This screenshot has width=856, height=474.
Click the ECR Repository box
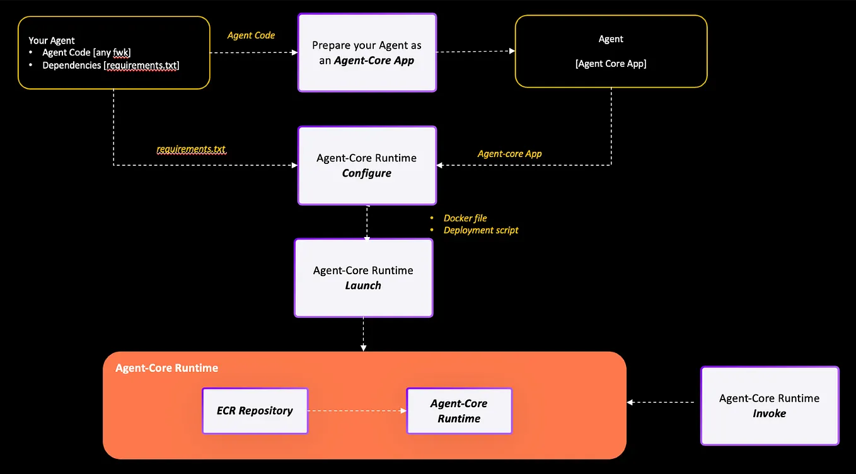(x=255, y=411)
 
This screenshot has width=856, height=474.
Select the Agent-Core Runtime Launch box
(x=363, y=278)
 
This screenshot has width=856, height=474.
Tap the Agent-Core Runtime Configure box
(x=367, y=166)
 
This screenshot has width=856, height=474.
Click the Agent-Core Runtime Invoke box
(x=769, y=406)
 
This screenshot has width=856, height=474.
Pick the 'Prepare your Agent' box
(x=367, y=53)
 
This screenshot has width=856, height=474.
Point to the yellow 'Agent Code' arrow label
(x=251, y=35)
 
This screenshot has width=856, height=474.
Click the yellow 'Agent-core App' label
(x=509, y=153)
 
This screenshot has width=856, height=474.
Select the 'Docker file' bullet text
(x=465, y=218)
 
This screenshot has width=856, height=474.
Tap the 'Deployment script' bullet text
(x=480, y=230)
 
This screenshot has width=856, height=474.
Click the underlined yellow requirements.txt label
(x=191, y=149)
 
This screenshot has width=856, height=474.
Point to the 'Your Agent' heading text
(x=52, y=40)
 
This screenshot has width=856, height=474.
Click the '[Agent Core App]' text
(x=611, y=64)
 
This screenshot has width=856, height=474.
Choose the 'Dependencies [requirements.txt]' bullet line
(x=110, y=66)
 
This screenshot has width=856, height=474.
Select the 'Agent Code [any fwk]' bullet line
(x=86, y=53)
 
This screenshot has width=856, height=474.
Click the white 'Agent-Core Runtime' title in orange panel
(x=166, y=368)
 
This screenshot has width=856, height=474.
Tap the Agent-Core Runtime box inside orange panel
(x=459, y=411)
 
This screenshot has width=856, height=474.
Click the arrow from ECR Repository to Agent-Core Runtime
(x=357, y=411)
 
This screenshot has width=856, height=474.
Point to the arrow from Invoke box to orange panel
(x=662, y=402)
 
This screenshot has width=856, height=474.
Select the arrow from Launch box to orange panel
(x=363, y=334)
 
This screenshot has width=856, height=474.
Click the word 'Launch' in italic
(x=363, y=286)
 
